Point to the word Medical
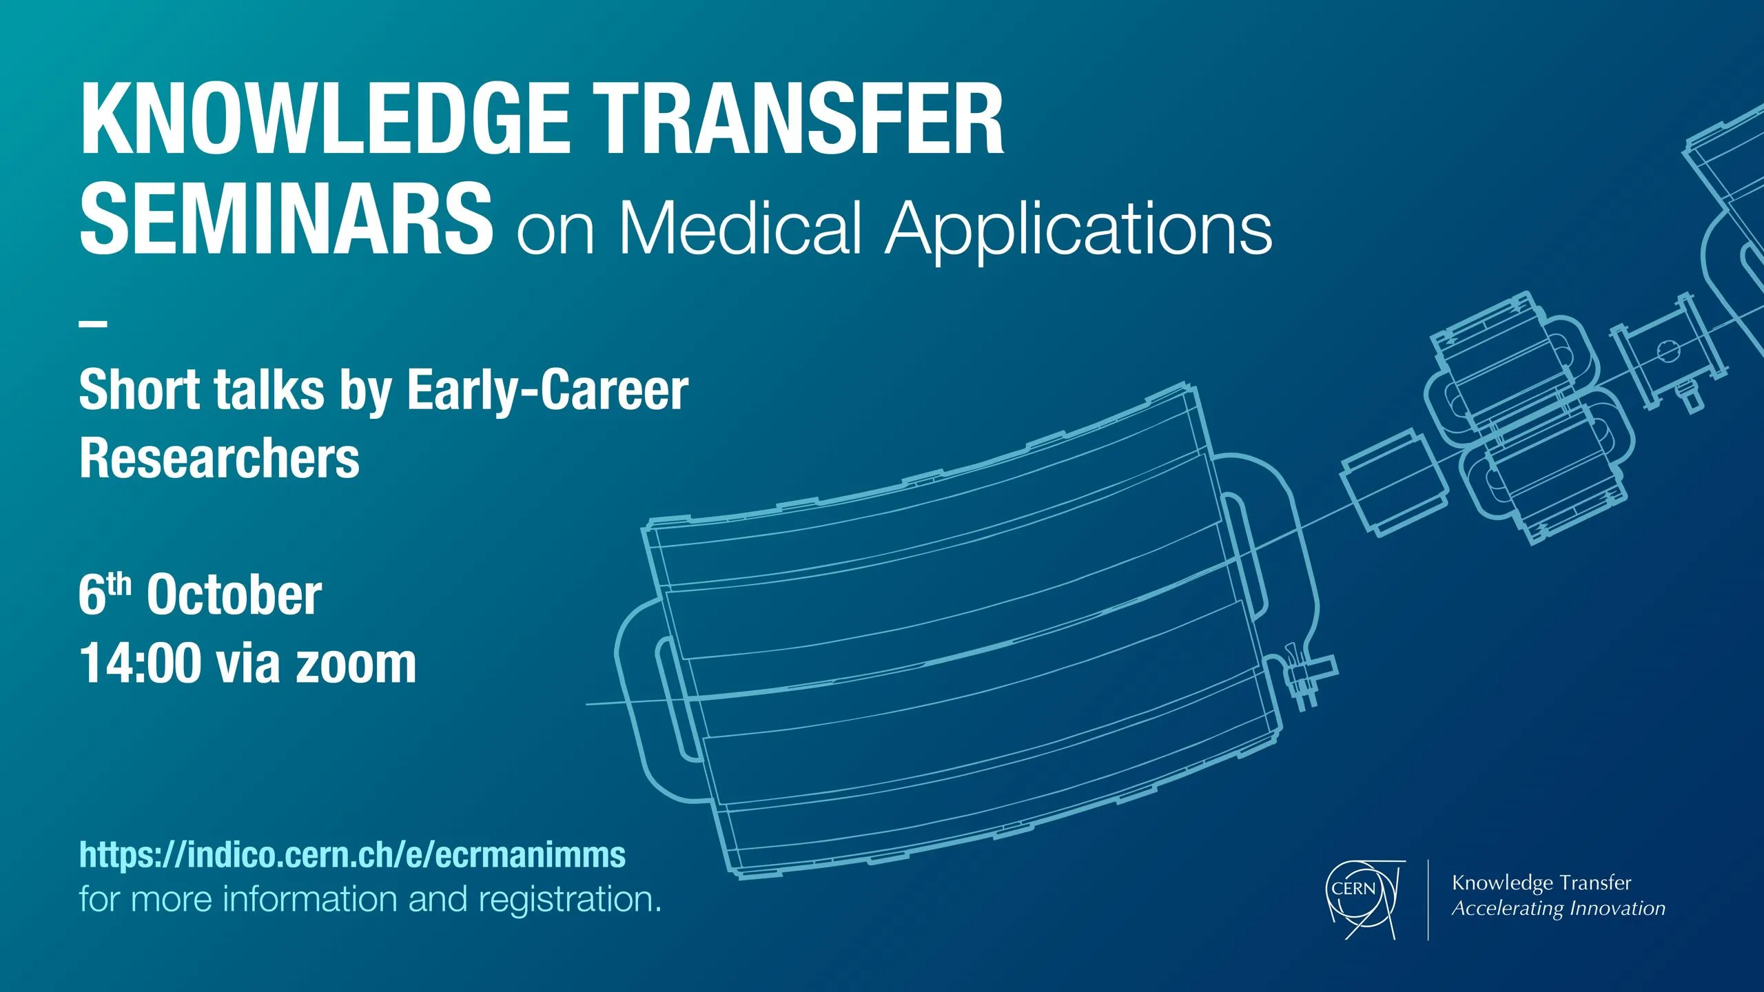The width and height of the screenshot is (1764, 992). coord(740,227)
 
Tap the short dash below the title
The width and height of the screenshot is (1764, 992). coord(93,323)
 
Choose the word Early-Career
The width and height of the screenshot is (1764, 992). coord(548,391)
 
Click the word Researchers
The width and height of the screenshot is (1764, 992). coord(219,458)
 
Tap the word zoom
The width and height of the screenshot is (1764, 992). coord(356,667)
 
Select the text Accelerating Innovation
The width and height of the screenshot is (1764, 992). coord(1559,909)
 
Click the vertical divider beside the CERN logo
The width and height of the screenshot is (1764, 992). coord(1428,899)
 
